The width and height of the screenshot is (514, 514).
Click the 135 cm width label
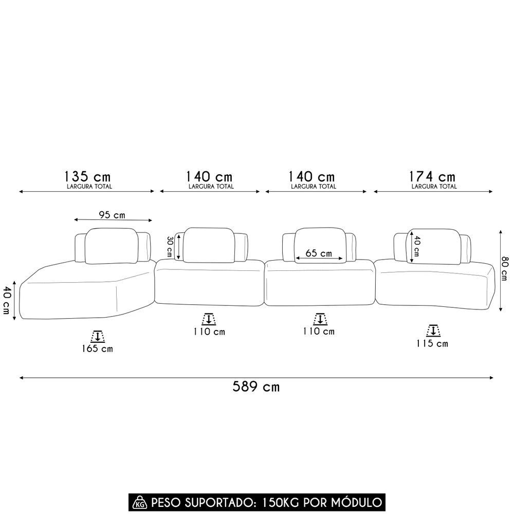87,177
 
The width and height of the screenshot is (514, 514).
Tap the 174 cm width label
432,177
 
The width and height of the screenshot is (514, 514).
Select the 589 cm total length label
256,387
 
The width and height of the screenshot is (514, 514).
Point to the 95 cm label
112,215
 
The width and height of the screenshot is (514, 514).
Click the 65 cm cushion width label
319,253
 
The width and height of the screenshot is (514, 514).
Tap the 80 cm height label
505,268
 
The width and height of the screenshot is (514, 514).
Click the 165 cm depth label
97,348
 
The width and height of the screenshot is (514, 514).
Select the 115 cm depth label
432,343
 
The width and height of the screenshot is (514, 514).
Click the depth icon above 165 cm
98,337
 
